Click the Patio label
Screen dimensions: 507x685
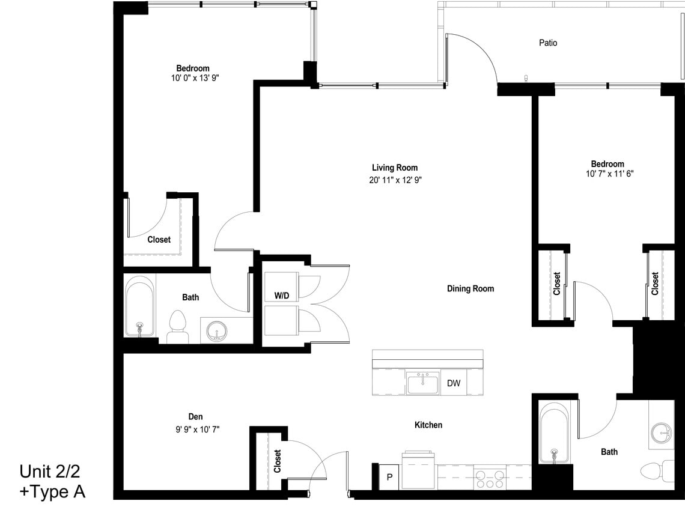(x=547, y=43)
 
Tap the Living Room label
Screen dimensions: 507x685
(x=394, y=168)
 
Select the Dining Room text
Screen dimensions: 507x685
(x=470, y=289)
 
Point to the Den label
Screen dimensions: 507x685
(x=195, y=416)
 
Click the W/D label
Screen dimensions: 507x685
(x=281, y=296)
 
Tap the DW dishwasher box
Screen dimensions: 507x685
(x=454, y=383)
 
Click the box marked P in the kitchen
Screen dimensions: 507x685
(x=389, y=477)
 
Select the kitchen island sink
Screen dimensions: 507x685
(x=423, y=383)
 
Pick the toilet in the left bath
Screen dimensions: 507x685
(x=177, y=326)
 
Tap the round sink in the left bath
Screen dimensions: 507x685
(x=216, y=331)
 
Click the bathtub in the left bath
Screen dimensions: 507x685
(x=139, y=306)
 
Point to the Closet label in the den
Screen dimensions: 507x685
(x=277, y=461)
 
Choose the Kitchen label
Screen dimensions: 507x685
(x=428, y=425)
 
